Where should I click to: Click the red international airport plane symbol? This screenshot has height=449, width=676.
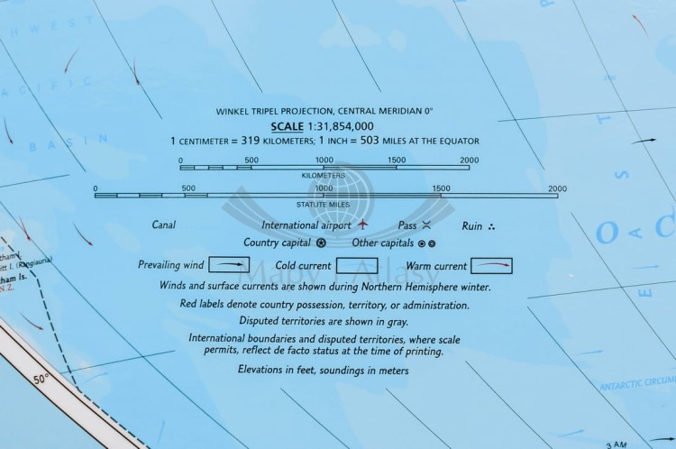363,224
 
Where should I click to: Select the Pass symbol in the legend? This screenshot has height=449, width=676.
427,224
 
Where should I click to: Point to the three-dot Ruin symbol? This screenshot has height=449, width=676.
491,225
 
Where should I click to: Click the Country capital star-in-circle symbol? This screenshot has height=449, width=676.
322,243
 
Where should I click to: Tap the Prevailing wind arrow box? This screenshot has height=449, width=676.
230,265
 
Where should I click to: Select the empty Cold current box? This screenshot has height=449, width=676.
356,266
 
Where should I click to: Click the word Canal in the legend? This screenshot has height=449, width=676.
164,224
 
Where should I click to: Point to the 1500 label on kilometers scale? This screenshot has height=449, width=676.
397,160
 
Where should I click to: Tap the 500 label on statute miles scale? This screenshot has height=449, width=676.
188,188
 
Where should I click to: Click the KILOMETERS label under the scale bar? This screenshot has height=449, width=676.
324,175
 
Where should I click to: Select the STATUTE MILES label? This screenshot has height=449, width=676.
324,203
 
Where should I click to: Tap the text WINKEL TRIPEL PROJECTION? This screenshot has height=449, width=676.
271,111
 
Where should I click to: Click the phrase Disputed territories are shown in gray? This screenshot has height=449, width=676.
324,320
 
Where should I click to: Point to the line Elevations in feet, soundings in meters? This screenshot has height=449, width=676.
324,370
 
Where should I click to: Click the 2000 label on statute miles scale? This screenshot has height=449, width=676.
557,188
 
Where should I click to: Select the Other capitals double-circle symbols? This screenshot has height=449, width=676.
427,243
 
